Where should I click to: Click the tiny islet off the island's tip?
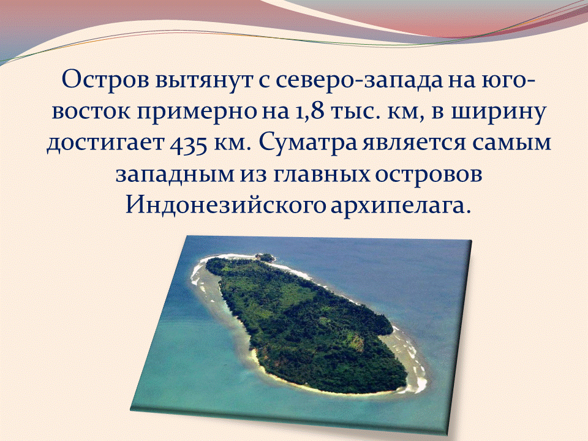point(265,258)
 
